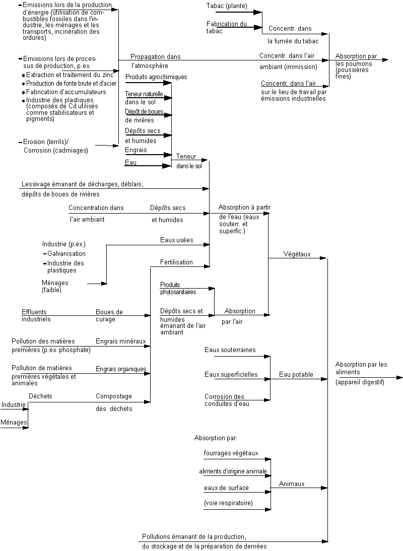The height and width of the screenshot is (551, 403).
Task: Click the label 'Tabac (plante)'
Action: click(x=228, y=6)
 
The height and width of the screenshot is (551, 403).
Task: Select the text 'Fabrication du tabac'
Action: click(x=226, y=27)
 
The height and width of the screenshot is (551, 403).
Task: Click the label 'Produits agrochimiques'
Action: click(x=156, y=77)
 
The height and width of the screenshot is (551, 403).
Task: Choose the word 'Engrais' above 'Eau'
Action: click(x=136, y=150)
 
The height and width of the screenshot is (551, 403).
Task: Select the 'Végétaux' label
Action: click(x=297, y=254)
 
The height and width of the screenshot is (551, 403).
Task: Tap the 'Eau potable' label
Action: click(x=296, y=375)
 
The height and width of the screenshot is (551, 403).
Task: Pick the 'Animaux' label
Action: click(x=292, y=484)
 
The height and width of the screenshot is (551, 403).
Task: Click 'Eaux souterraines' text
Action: click(x=230, y=350)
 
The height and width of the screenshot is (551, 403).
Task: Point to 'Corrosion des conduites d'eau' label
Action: click(x=225, y=400)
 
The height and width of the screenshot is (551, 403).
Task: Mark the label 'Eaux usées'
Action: click(x=176, y=241)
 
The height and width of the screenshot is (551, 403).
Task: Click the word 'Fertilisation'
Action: click(x=176, y=262)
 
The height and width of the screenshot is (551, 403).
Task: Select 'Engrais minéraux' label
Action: click(x=120, y=341)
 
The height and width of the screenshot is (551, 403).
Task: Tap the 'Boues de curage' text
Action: click(x=109, y=315)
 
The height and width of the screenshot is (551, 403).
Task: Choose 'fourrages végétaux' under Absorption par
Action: click(x=231, y=453)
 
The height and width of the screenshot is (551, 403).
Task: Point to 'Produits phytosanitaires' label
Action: click(x=178, y=288)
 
